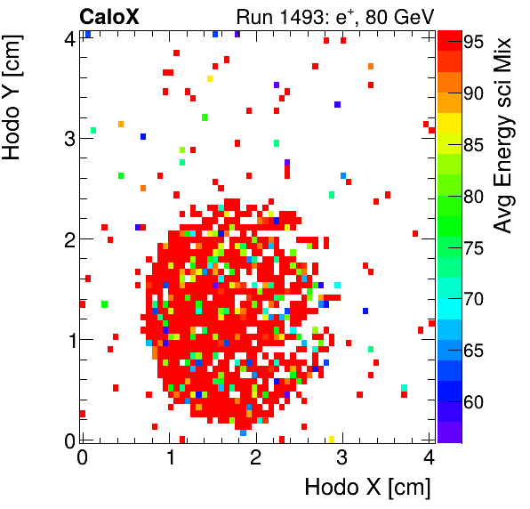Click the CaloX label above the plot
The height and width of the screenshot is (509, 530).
109,15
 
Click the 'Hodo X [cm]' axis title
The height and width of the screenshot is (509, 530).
367,487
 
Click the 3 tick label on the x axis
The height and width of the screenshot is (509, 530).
341,457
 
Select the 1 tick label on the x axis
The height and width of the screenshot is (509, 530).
169,457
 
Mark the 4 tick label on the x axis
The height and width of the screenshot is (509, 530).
428,457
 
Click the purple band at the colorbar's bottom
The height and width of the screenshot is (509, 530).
449,432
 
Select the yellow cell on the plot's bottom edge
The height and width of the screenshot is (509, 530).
331,439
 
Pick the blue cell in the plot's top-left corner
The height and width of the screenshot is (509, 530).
88,34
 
